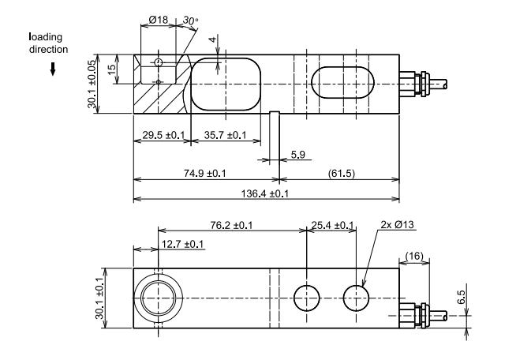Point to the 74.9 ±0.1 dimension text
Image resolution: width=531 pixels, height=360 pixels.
(x=204, y=173)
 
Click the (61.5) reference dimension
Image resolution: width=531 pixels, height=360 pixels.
(x=340, y=173)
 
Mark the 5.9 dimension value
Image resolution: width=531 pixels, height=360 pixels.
(x=298, y=155)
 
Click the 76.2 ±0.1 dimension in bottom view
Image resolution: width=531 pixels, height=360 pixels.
(x=226, y=225)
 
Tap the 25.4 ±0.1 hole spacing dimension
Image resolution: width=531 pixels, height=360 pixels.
(x=332, y=225)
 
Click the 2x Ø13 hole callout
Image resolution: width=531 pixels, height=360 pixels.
(x=398, y=225)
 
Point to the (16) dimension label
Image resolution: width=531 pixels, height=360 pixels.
(x=415, y=257)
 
